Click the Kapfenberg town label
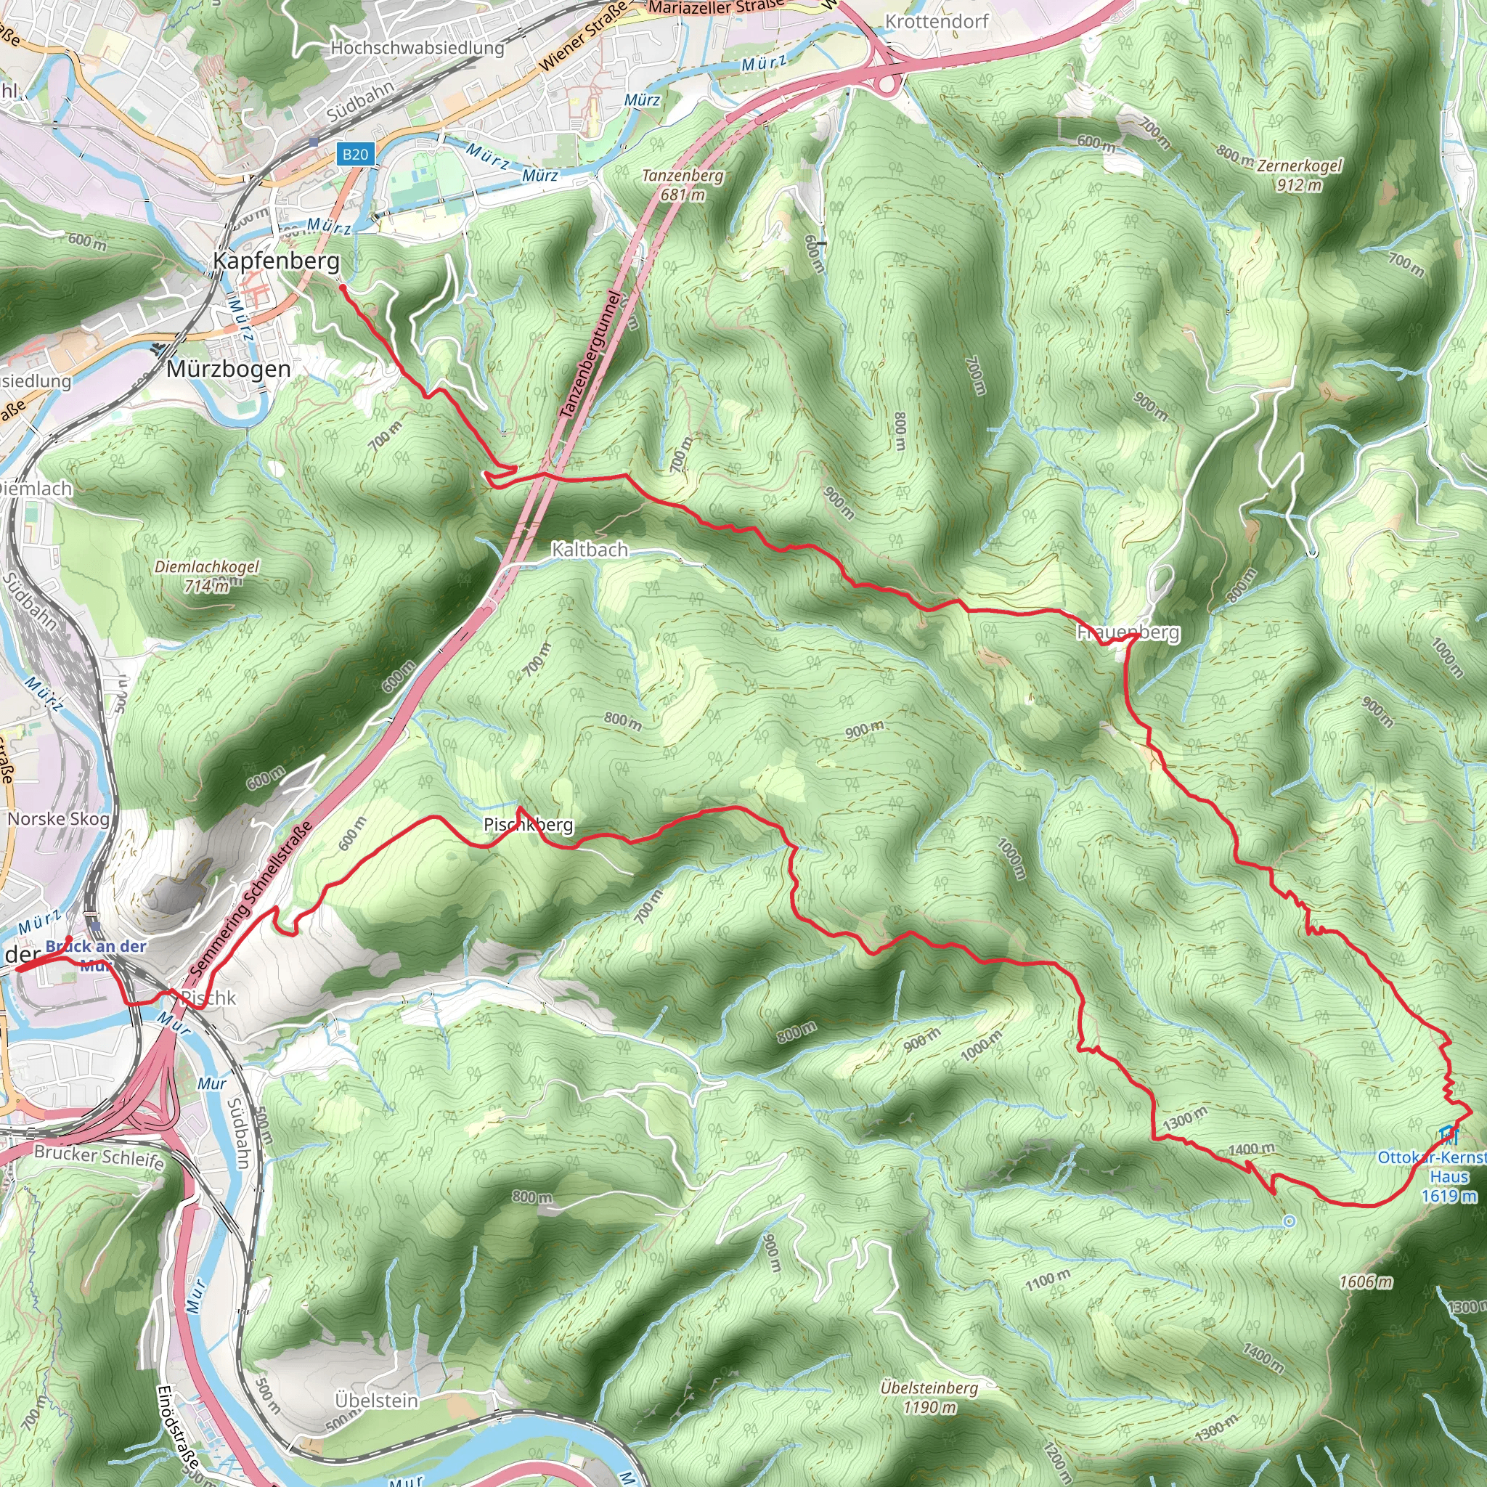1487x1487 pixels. (x=275, y=261)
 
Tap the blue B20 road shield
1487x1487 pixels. (x=355, y=154)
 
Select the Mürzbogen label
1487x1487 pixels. (x=229, y=370)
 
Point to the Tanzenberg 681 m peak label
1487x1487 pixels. (x=683, y=184)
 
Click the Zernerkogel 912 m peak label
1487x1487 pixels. (x=1299, y=175)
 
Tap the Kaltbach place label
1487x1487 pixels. (x=590, y=550)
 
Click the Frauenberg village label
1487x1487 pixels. (x=1128, y=632)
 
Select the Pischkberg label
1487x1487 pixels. (x=528, y=825)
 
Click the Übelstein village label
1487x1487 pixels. (x=376, y=1400)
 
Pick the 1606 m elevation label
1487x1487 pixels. (x=1366, y=1282)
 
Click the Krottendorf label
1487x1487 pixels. (x=937, y=22)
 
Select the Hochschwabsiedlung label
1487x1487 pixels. (x=417, y=48)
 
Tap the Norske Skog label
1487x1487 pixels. (x=59, y=819)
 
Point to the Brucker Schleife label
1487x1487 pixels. (x=99, y=1157)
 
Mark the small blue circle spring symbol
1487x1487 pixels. (x=1290, y=1221)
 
